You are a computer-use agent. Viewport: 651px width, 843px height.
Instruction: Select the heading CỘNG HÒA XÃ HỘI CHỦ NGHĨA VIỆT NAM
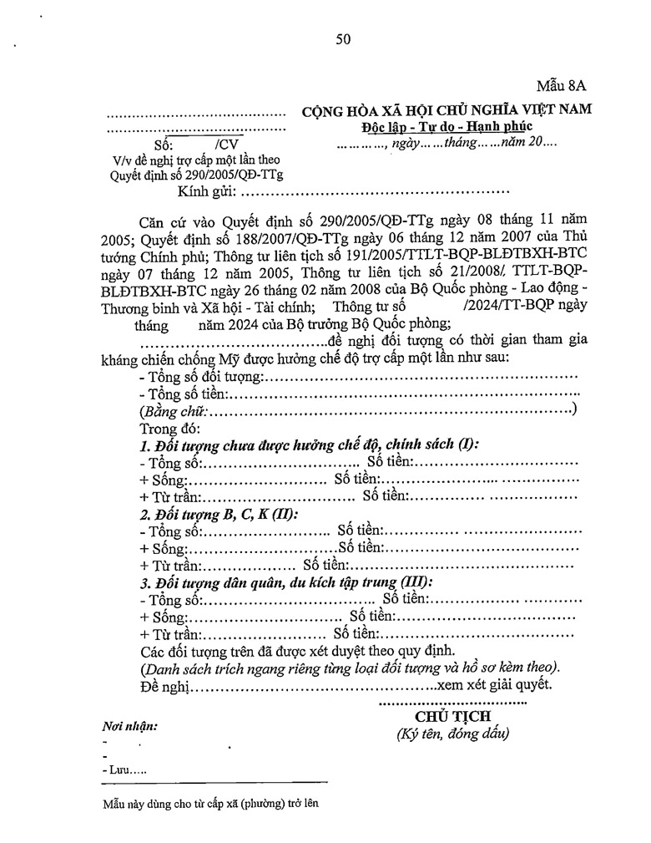(447, 111)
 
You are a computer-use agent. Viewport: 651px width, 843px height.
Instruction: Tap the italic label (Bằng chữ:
(174, 411)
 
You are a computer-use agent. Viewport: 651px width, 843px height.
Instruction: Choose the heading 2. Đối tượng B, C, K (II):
(219, 514)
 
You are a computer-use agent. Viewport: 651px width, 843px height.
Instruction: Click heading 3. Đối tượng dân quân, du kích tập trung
(286, 582)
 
